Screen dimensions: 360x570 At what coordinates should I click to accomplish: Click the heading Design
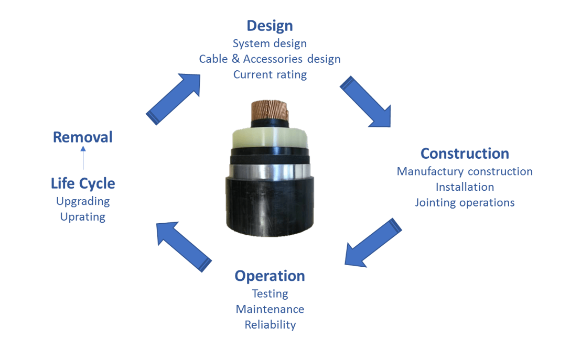click(x=270, y=26)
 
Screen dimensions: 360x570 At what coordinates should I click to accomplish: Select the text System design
click(x=270, y=43)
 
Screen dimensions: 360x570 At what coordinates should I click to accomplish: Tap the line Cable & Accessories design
click(x=270, y=59)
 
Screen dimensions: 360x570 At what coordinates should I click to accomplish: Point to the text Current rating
click(x=270, y=74)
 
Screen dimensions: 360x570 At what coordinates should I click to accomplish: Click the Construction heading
click(x=465, y=154)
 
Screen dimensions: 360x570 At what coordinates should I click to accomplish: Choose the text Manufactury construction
click(x=465, y=171)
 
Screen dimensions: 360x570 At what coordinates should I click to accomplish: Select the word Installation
click(x=465, y=187)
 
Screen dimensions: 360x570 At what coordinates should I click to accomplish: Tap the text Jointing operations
click(x=465, y=202)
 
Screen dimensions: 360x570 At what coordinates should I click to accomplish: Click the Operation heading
click(x=270, y=276)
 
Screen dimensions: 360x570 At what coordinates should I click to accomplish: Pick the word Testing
click(x=270, y=293)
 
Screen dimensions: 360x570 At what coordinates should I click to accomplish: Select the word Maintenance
click(x=270, y=309)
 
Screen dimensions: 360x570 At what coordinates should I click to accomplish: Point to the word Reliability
click(x=270, y=325)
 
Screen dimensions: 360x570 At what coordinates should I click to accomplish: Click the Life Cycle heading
click(x=83, y=183)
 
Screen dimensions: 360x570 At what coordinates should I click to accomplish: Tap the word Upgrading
click(x=83, y=201)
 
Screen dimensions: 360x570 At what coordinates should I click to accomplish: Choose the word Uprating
click(x=83, y=216)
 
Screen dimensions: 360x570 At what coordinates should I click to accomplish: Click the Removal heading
click(x=83, y=137)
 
